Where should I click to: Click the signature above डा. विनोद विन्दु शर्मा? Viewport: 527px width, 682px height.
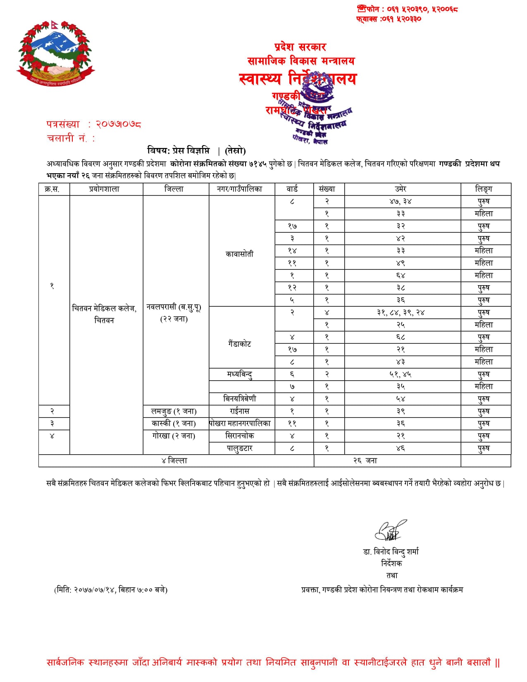click(x=390, y=531)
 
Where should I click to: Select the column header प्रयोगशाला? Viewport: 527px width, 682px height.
click(x=104, y=189)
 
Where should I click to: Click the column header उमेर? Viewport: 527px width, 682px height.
click(x=400, y=189)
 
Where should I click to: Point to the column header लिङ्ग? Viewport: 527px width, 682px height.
click(x=484, y=189)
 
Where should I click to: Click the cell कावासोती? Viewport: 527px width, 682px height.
click(x=239, y=254)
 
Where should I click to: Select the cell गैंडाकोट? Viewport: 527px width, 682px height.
click(x=239, y=343)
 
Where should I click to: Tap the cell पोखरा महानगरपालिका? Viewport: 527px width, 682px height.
click(x=240, y=423)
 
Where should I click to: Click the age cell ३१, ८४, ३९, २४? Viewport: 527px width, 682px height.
click(x=400, y=312)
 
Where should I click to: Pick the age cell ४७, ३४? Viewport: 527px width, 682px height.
click(x=400, y=201)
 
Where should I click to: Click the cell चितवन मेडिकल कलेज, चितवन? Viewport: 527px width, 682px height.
click(x=104, y=314)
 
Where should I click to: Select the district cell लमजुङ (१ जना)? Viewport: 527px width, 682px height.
click(x=174, y=411)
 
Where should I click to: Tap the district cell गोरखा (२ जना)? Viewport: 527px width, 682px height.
click(x=174, y=436)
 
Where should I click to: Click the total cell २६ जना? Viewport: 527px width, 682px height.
click(x=365, y=460)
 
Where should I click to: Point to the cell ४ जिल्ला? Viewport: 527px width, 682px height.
click(x=174, y=460)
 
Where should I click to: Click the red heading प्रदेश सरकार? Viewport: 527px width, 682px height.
click(x=300, y=47)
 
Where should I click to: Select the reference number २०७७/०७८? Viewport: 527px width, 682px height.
click(x=118, y=124)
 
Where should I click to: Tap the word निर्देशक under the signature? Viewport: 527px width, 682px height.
click(x=391, y=563)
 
